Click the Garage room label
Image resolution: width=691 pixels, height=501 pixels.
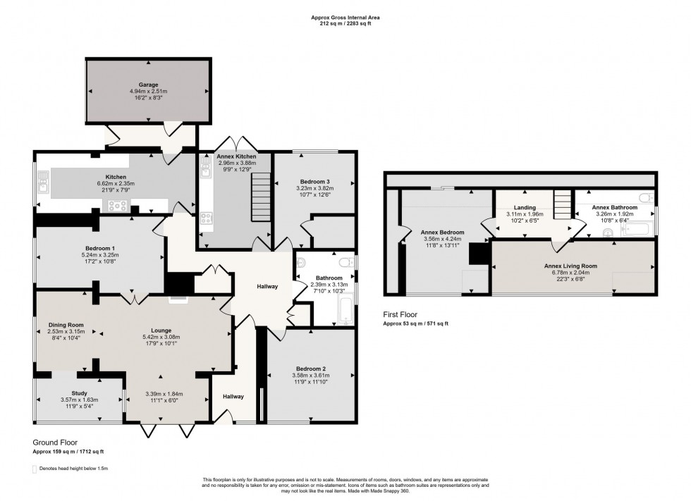[x=148, y=85]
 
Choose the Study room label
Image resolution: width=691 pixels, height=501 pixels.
[x=78, y=392]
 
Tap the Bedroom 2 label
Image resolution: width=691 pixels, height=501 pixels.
[x=310, y=369]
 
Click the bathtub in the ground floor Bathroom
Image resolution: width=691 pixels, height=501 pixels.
[x=344, y=311]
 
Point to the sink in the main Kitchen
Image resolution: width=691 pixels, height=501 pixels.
[x=43, y=185]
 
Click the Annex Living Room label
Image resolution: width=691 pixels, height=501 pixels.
[x=570, y=266]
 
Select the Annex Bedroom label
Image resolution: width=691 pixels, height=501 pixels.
[x=443, y=232]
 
